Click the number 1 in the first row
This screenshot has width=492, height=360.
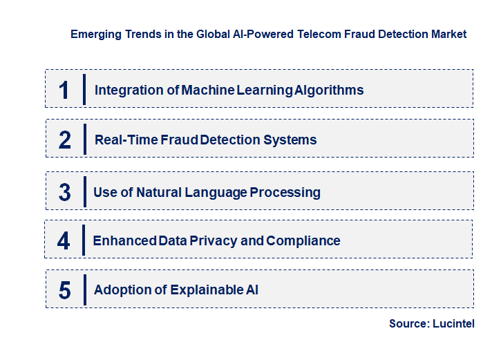point(64,90)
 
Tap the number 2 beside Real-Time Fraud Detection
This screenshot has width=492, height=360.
point(64,140)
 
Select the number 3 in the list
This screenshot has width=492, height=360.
point(64,192)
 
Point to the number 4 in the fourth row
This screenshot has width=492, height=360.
point(64,240)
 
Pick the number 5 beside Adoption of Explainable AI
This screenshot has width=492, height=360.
point(64,290)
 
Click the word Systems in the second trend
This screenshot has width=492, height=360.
point(294,140)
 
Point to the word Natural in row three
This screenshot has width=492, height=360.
point(160,192)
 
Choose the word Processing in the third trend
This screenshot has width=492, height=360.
point(285,192)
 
